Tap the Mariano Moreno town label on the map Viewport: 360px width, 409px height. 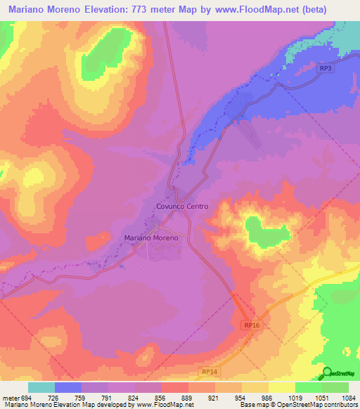click(152, 238)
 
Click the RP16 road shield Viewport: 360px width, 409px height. click(253, 325)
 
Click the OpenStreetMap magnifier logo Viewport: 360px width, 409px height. click(327, 374)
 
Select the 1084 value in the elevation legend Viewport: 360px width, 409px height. click(349, 398)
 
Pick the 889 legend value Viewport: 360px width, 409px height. click(188, 398)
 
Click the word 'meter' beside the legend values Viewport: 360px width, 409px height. click(10, 398)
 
